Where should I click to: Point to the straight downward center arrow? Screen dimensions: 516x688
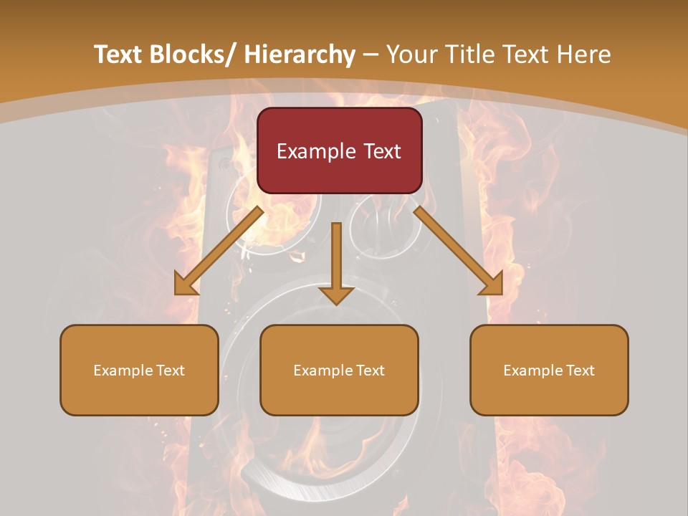[336, 262]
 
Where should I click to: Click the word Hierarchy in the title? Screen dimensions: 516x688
[300, 54]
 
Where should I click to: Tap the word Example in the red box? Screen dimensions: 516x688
[315, 151]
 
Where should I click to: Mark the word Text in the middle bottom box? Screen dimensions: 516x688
[368, 371]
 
